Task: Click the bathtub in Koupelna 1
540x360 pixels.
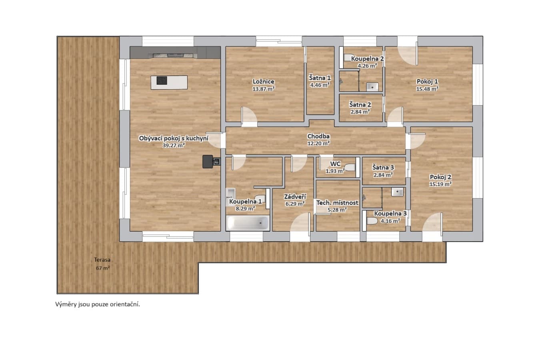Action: (248, 223)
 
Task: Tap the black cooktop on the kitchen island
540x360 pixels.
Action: (162, 80)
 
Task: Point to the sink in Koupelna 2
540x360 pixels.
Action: (372, 87)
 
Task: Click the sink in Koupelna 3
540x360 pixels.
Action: (397, 192)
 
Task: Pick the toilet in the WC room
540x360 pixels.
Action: (350, 167)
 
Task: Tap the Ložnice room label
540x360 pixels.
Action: (264, 82)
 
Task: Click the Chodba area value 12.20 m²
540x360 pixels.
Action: (318, 144)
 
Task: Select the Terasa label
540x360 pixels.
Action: (102, 260)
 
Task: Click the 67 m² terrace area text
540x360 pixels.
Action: (103, 268)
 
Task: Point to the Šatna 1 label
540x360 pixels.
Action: (320, 78)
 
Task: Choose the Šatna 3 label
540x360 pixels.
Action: (383, 167)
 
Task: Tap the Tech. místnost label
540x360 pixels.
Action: (337, 203)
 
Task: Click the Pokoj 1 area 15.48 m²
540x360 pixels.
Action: (427, 89)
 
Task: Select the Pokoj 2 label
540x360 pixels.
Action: (440, 177)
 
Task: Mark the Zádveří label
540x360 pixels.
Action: (295, 197)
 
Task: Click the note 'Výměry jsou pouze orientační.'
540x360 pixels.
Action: (98, 304)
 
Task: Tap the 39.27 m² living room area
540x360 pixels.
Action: (174, 145)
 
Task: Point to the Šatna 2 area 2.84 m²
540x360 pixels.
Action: (360, 112)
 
